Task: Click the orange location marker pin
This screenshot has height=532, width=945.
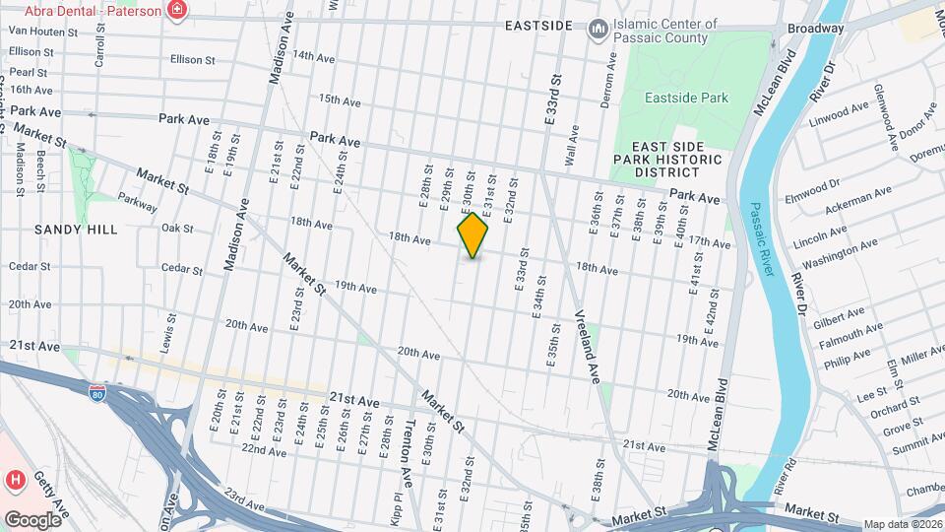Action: [473, 235]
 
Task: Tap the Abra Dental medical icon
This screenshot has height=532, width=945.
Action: [177, 11]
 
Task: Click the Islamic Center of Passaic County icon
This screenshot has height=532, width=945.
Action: [598, 31]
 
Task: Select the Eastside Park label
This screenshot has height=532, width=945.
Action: [686, 98]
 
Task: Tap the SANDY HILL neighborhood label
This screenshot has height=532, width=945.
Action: [76, 230]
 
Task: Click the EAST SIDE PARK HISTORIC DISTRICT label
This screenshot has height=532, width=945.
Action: [667, 159]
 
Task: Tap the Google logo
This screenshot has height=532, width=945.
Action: [32, 519]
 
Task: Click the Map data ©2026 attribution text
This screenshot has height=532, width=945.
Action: [902, 524]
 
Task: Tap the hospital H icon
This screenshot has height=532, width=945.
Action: [16, 481]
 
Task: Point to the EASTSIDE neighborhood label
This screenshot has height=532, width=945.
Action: [537, 24]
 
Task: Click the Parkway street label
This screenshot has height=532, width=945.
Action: [139, 200]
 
